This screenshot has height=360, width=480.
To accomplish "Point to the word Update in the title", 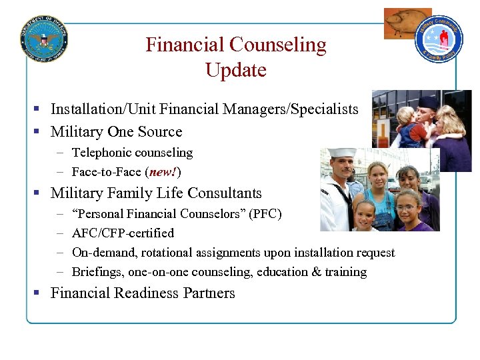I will coord(236,70).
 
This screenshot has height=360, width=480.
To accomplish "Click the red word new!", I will coord(163,172).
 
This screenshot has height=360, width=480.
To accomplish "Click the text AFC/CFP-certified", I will coord(123,233).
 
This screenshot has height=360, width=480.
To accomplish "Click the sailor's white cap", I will coord(343,153).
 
